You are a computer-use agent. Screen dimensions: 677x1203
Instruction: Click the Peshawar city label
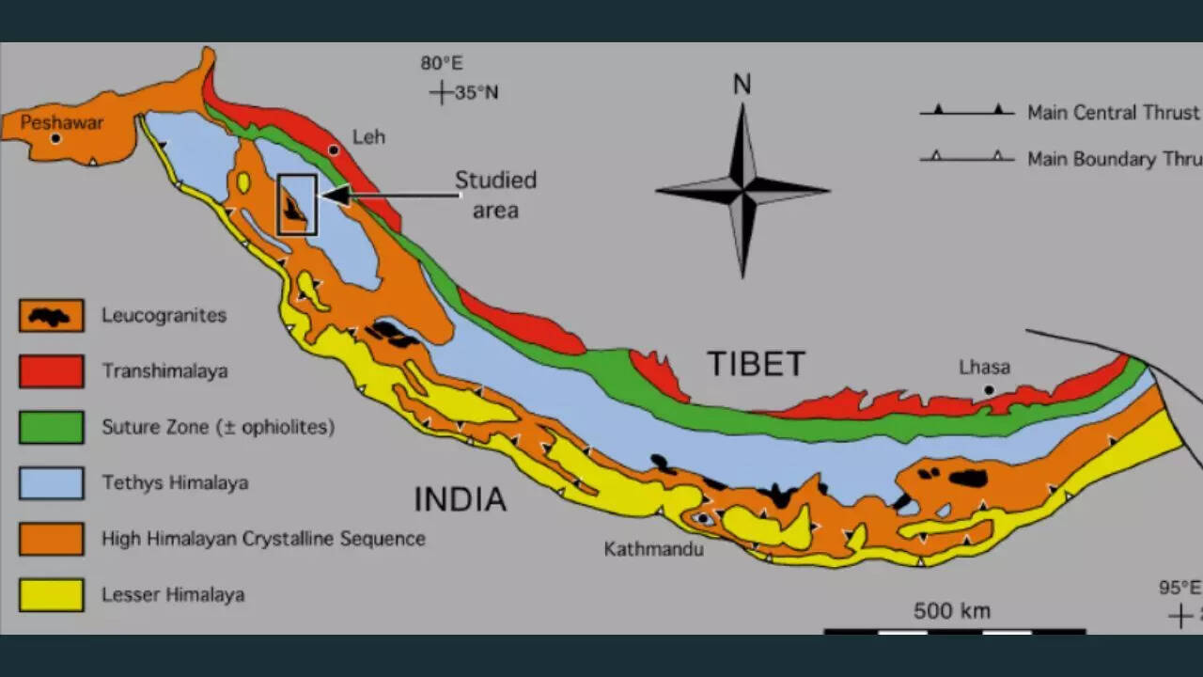pos(62,122)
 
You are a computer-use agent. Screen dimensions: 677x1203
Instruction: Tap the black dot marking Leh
pos(334,150)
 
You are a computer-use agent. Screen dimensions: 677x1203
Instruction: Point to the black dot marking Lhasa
pos(988,389)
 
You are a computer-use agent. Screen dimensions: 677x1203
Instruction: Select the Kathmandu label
pos(653,548)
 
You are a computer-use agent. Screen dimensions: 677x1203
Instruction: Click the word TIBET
pos(756,364)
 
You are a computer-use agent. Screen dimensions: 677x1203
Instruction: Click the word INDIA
pos(460,499)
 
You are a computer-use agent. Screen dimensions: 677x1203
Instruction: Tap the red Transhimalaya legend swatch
pos(52,371)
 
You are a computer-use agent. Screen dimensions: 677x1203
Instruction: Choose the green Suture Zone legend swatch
pos(52,427)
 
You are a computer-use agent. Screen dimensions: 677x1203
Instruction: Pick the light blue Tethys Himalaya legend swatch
pos(52,483)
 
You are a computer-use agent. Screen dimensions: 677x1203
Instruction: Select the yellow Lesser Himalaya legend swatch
pos(52,595)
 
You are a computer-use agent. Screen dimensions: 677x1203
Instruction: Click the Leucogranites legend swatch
pos(52,316)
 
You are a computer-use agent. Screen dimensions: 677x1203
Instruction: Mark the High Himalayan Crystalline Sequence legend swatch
pos(52,539)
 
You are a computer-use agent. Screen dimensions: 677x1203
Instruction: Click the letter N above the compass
pos(742,85)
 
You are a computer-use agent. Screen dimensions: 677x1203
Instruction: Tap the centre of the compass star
pos(742,190)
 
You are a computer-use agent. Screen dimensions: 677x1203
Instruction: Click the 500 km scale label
pos(952,611)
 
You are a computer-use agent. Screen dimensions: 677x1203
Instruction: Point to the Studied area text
pos(495,195)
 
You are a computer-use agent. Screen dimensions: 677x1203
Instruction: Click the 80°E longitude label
pos(442,64)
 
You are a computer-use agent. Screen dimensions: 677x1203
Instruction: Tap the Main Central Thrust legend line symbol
pos(967,112)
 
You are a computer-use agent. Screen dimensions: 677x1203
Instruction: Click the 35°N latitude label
pos(477,92)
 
